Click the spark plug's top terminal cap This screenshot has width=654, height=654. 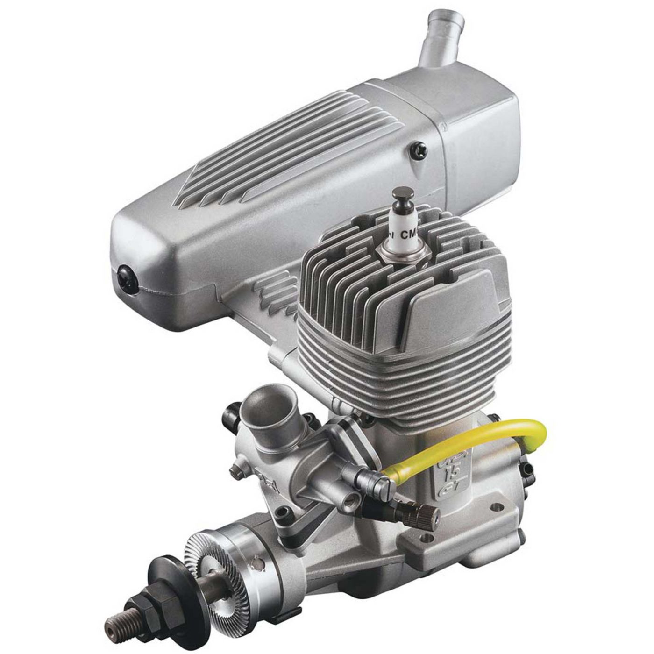pos(403,193)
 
